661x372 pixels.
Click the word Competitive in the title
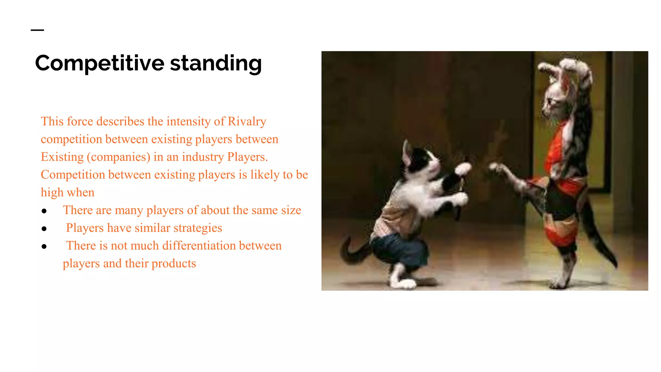(100, 63)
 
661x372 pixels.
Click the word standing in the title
(216, 63)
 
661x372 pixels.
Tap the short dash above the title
(37, 30)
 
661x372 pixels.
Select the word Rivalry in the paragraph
(247, 121)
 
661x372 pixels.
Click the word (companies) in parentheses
(118, 157)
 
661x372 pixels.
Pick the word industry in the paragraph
(203, 157)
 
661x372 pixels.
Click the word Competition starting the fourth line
(73, 175)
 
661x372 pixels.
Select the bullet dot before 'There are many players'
(44, 211)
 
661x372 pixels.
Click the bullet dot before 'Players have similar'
(44, 229)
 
